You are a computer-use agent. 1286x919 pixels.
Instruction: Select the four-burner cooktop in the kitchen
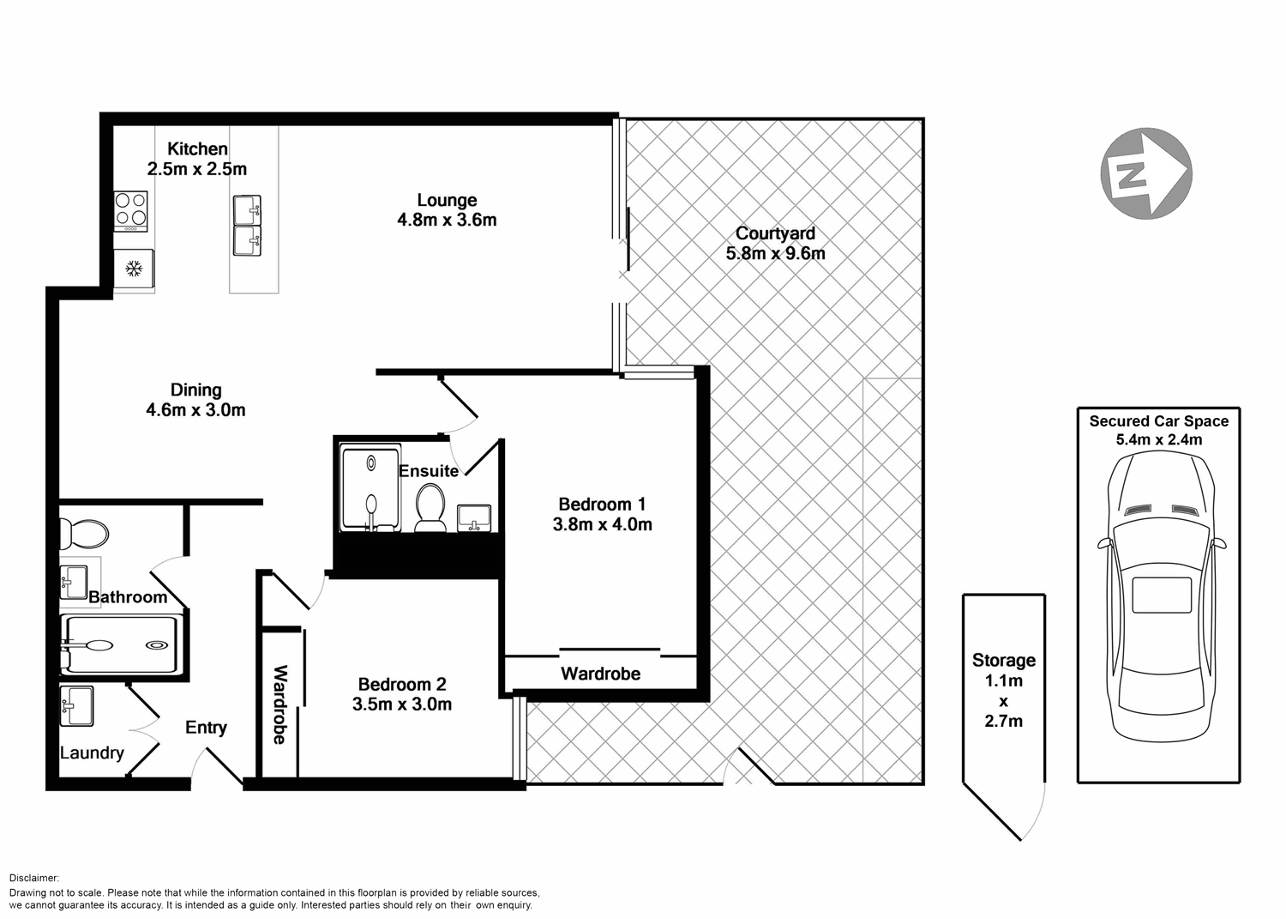[x=131, y=211]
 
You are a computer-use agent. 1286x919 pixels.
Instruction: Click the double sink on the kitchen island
[x=247, y=226]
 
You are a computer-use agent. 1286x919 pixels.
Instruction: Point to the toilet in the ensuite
[x=430, y=507]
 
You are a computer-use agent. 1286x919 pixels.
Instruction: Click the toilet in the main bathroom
[x=83, y=534]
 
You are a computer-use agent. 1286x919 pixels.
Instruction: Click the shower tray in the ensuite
[x=370, y=487]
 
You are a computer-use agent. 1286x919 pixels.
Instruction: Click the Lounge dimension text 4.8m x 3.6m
[x=447, y=220]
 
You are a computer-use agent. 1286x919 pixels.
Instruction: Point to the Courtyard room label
[x=775, y=233]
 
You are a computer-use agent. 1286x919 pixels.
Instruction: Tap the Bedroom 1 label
[x=602, y=504]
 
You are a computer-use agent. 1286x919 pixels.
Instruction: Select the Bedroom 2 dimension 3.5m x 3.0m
[x=402, y=704]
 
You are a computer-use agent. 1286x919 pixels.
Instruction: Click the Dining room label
[x=195, y=390]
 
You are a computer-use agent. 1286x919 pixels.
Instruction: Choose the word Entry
[x=206, y=728]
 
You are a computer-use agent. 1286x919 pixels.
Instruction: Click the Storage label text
[x=1003, y=660]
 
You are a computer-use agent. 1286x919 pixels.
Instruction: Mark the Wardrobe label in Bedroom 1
[x=600, y=674]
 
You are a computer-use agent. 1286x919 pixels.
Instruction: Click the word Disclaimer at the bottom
[x=34, y=878]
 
